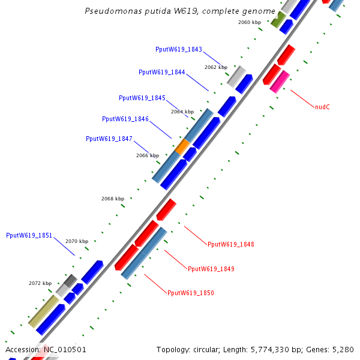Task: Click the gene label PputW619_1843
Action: (x=178, y=49)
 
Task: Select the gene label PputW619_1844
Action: (x=161, y=72)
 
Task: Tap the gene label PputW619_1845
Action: (x=142, y=98)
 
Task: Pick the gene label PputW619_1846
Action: (x=125, y=119)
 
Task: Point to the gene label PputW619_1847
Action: (x=109, y=139)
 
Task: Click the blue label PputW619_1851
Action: (x=29, y=235)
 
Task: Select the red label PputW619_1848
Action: (x=230, y=244)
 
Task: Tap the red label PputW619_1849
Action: (x=211, y=269)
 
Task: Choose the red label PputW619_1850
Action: (x=190, y=293)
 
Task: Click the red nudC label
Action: (x=322, y=107)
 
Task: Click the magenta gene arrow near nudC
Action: (x=280, y=82)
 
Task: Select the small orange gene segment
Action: (x=182, y=146)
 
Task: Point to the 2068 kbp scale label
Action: (x=112, y=199)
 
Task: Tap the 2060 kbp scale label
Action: (x=250, y=22)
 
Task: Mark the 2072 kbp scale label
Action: (x=40, y=283)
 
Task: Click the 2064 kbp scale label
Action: (x=182, y=112)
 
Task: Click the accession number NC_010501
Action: (x=64, y=349)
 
